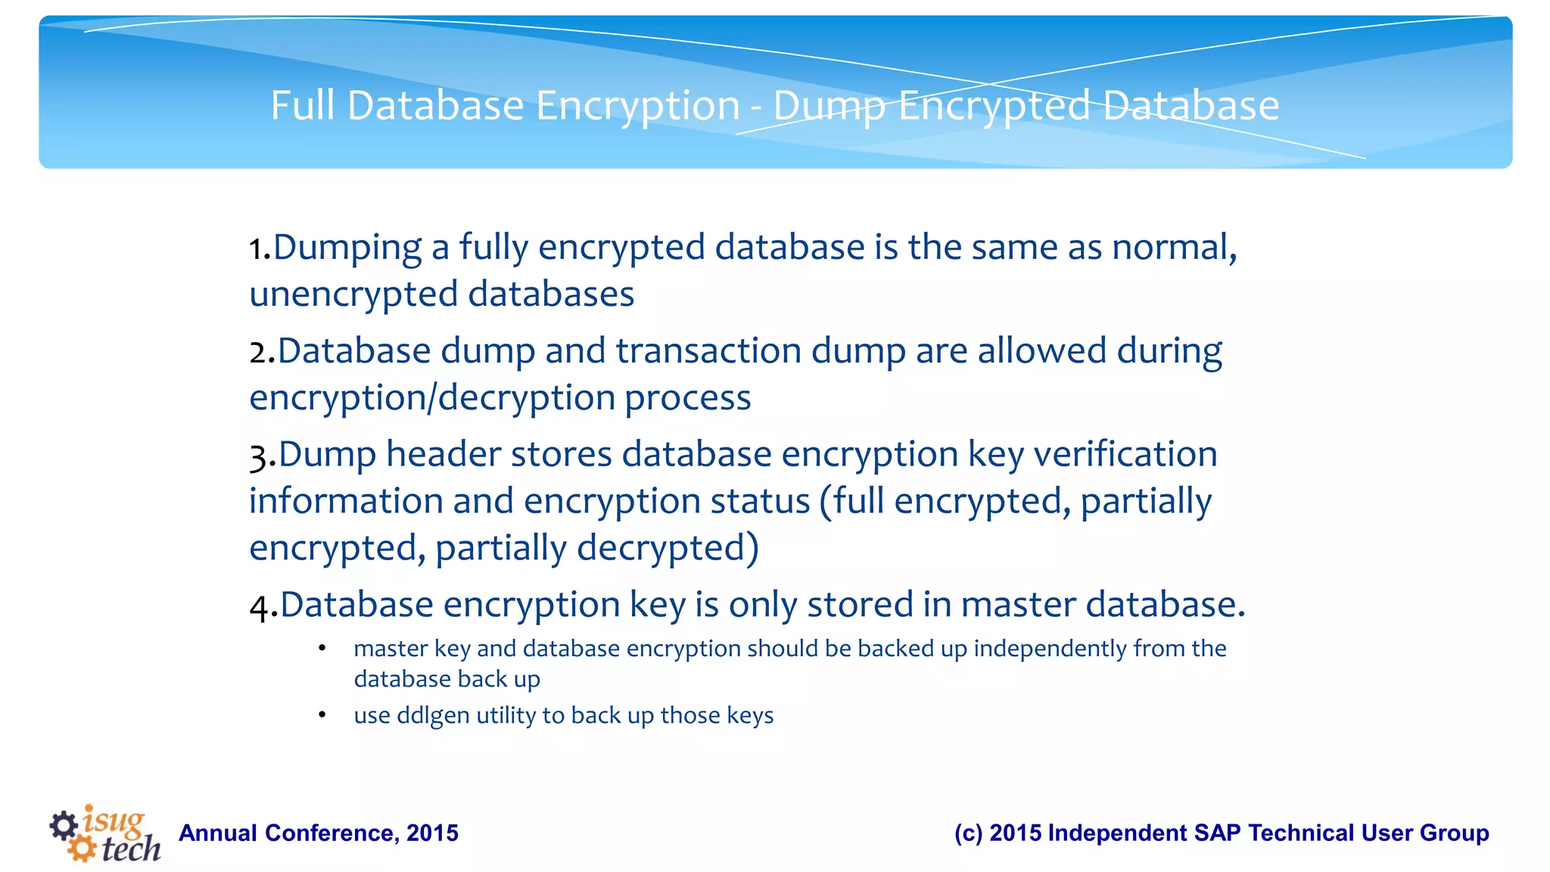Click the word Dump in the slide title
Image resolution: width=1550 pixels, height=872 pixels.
click(829, 106)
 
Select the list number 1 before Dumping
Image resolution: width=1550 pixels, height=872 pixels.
click(257, 249)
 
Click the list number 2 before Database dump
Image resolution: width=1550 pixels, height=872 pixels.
click(260, 353)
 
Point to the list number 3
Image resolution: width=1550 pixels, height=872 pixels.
click(260, 456)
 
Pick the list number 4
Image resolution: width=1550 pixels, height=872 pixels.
click(260, 606)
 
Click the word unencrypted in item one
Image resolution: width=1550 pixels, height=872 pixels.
click(353, 294)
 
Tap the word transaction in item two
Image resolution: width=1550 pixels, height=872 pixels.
click(708, 351)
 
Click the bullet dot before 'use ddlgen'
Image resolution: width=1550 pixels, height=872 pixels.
click(322, 715)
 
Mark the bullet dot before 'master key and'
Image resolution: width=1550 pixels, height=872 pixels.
click(322, 649)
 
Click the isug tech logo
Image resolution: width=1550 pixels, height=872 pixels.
click(105, 833)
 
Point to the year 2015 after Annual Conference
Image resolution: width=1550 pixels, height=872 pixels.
click(432, 833)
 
